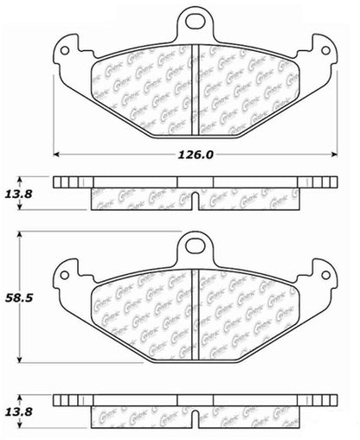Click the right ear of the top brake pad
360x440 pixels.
coord(324,51)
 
